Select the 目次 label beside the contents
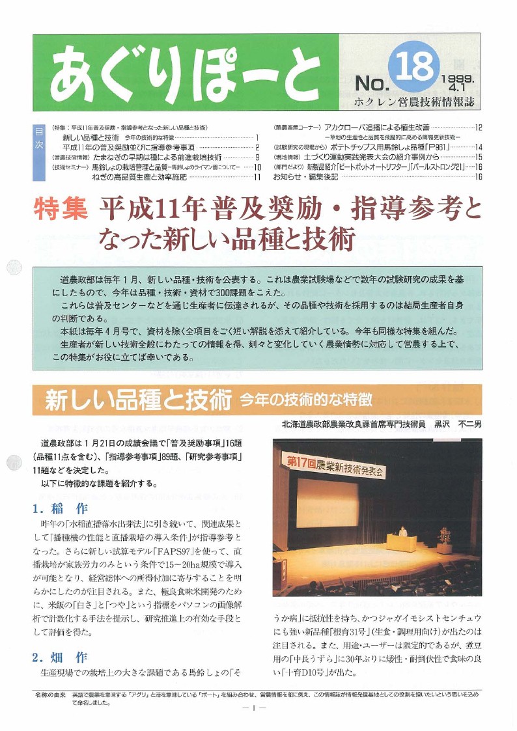pyautogui.click(x=38, y=139)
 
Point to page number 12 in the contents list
pyautogui.click(x=478, y=128)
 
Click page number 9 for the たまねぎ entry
pyautogui.click(x=258, y=158)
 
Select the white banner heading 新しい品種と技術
pyautogui.click(x=139, y=400)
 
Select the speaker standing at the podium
pyautogui.click(x=403, y=533)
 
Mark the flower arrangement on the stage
pyautogui.click(x=445, y=536)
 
